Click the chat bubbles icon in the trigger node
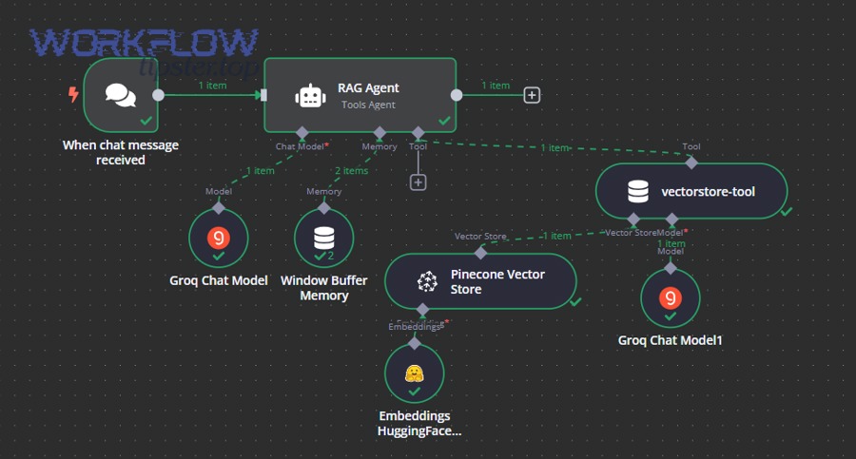click(x=121, y=95)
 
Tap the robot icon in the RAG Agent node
click(x=310, y=95)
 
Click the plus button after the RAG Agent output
click(x=533, y=95)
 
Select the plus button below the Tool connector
click(x=418, y=182)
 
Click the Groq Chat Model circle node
click(x=218, y=238)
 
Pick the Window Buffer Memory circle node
click(x=323, y=238)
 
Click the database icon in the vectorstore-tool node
click(x=638, y=192)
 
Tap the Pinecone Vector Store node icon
click(x=427, y=281)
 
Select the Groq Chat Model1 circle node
click(x=671, y=297)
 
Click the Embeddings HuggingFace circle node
click(x=414, y=373)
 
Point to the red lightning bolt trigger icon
click(x=73, y=94)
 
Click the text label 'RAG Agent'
click(x=368, y=88)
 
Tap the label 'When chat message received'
click(x=121, y=153)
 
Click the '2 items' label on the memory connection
click(x=351, y=171)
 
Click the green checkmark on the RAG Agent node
click(x=444, y=122)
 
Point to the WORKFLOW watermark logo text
click(x=144, y=44)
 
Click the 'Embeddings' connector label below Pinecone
click(x=416, y=326)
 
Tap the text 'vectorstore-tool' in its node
click(x=708, y=192)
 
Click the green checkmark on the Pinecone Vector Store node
click(x=574, y=301)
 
